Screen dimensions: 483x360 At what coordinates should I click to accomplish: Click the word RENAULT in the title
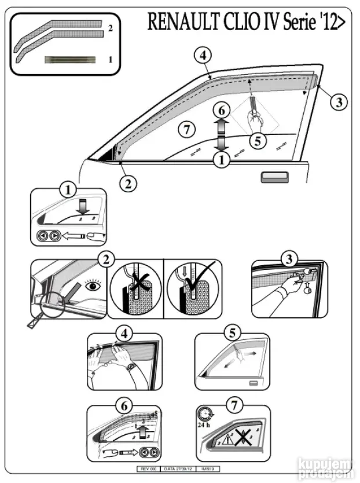tap(182, 23)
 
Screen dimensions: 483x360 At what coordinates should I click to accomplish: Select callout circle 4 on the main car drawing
tap(202, 56)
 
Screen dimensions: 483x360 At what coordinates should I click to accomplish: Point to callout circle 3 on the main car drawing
tap(338, 102)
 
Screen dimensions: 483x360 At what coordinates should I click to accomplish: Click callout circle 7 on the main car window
tap(186, 130)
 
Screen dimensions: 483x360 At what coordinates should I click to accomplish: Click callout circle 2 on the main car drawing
tap(128, 184)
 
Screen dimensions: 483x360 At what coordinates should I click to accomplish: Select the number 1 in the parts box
tap(110, 59)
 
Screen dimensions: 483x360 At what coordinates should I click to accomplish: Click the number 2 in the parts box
tap(110, 28)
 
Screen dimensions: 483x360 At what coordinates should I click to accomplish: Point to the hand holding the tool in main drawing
tap(254, 119)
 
